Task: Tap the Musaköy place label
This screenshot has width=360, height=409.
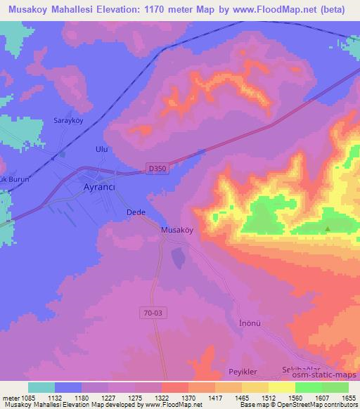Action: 177,230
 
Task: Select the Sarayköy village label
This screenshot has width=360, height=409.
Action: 68,121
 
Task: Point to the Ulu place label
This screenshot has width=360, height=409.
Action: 101,150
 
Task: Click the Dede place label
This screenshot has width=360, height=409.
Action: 135,212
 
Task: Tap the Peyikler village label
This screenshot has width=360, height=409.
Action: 224,371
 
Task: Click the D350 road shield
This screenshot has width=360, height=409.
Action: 157,168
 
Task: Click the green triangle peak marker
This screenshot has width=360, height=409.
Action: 327,228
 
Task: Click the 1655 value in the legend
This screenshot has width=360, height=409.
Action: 349,398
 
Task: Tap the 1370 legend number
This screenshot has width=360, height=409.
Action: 188,398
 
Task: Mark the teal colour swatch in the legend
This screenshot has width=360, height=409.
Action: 41,387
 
